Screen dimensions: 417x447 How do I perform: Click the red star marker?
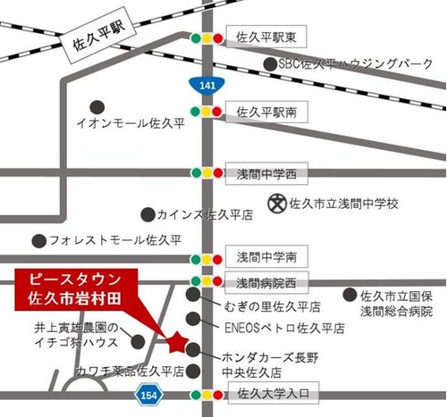click(x=176, y=340)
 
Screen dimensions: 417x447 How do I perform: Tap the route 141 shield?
click(x=207, y=84)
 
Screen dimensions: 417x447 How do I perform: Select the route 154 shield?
click(x=148, y=394)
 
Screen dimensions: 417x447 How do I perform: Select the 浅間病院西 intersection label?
click(x=265, y=282)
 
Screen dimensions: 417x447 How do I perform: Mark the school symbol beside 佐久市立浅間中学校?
click(x=278, y=204)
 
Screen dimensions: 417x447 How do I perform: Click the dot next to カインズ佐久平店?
click(x=147, y=214)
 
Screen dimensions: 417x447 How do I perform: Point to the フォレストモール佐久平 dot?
click(x=38, y=240)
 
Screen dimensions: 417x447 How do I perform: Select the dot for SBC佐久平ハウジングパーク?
click(x=270, y=63)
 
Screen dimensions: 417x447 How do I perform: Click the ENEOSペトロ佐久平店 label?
click(x=274, y=328)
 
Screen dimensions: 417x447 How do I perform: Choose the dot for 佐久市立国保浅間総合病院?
click(x=349, y=295)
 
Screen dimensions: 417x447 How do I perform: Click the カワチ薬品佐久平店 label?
click(x=130, y=369)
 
